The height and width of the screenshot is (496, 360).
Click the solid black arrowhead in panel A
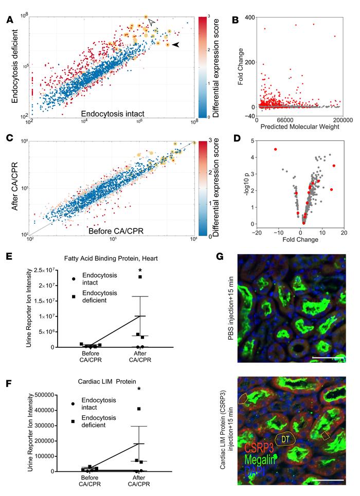point(176,45)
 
